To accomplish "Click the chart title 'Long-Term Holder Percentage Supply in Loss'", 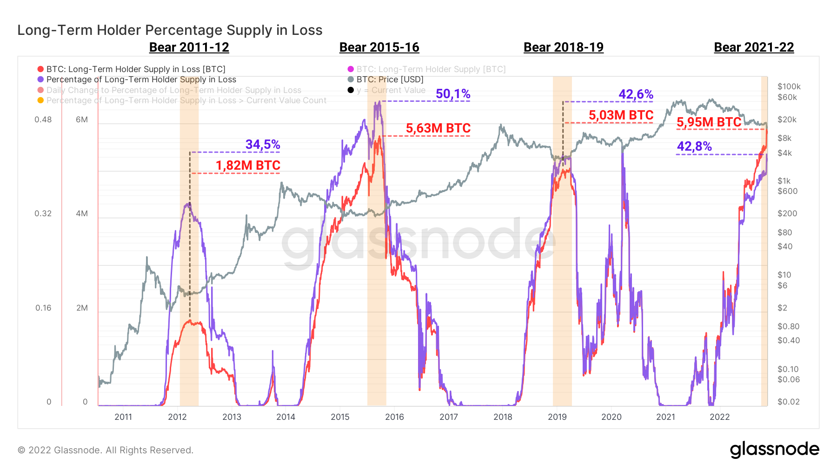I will point(170,30).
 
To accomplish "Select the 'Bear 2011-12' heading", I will point(189,47).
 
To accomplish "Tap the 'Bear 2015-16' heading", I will point(379,47).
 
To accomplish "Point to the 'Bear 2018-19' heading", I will point(563,47).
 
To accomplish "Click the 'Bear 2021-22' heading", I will point(753,47).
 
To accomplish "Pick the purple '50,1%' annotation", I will point(452,94).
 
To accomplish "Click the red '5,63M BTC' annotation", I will point(438,128).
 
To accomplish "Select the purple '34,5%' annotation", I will point(262,145).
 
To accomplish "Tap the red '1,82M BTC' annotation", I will point(247,166).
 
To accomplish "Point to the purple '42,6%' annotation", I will point(636,94).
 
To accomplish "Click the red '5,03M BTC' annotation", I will point(621,115).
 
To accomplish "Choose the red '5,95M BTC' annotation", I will point(709,122).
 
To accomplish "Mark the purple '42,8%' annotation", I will point(694,146).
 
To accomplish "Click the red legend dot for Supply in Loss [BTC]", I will point(40,69).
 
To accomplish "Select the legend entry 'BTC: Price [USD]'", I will point(390,80).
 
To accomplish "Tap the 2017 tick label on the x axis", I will point(448,417).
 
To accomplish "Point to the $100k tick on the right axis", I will point(789,86).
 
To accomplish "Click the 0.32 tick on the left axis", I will point(43,214).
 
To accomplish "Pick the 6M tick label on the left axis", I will point(82,119).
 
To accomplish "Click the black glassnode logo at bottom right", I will point(774,449).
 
